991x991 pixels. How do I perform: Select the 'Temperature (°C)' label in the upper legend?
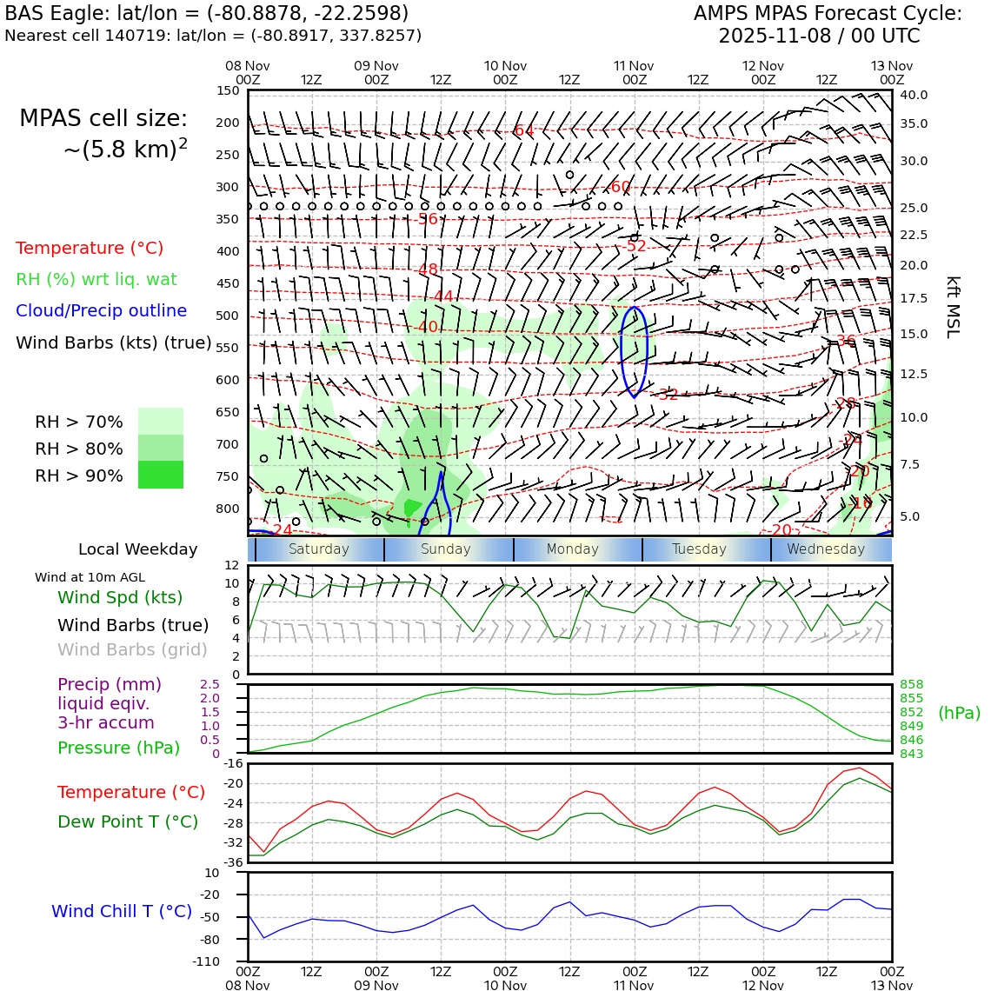coord(90,248)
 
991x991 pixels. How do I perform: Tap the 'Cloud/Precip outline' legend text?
coord(101,310)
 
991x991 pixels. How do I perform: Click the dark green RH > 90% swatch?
coord(161,475)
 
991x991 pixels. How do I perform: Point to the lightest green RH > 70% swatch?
coord(161,421)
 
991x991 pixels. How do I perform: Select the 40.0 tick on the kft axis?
coord(914,95)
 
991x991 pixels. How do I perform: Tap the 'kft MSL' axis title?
coord(953,307)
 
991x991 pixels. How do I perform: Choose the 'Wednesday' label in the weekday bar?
coord(826,549)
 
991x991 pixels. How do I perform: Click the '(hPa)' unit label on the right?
coord(959,713)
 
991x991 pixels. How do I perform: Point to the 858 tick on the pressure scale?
coord(911,685)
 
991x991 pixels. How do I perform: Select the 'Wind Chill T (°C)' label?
coord(122,911)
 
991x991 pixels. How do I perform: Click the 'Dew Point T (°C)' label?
coord(128,821)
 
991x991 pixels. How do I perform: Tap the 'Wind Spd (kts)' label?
coord(120,597)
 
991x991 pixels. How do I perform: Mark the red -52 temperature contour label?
coord(635,246)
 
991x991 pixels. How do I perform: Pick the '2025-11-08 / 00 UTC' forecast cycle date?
coord(819,37)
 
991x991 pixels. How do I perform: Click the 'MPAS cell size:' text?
coord(103,119)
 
